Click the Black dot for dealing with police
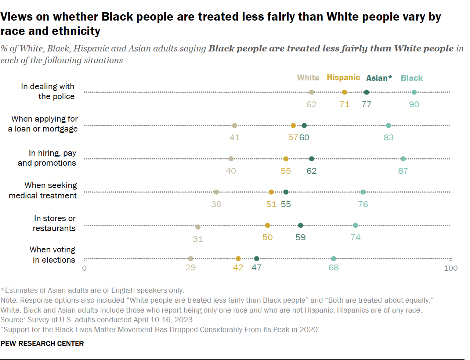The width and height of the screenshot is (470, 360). (414, 92)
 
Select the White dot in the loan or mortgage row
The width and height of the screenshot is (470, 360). (234, 126)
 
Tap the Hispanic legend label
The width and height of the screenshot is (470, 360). (343, 78)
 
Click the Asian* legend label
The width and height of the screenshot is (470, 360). (379, 78)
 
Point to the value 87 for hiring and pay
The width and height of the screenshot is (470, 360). (403, 171)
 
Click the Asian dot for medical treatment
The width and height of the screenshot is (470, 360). (286, 192)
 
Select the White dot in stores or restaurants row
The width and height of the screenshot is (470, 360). (198, 227)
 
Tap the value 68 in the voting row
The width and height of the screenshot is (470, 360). (333, 267)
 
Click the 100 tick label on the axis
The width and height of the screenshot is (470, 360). (451, 268)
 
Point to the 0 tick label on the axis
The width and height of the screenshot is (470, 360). (84, 268)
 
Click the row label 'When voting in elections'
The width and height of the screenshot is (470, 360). (53, 255)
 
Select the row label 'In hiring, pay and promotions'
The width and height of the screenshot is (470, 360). (47, 158)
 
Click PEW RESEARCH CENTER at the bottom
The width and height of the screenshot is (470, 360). (42, 343)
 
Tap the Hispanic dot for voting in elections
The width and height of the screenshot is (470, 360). (238, 259)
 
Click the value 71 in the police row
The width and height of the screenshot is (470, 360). (344, 104)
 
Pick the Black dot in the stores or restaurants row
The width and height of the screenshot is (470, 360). (355, 225)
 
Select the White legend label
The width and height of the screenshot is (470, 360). (308, 78)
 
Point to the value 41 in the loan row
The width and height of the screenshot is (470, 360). (234, 137)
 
